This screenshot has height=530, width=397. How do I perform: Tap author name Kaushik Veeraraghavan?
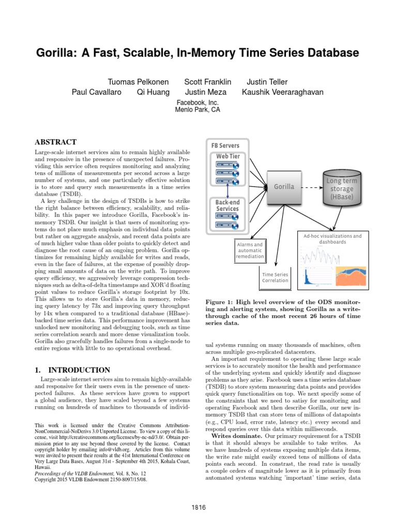[x=282, y=93]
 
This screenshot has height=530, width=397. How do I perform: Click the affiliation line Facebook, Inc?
[x=198, y=102]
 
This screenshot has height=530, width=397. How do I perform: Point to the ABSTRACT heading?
[x=55, y=142]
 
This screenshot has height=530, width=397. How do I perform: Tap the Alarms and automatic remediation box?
[x=250, y=250]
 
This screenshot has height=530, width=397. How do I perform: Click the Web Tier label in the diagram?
[x=227, y=156]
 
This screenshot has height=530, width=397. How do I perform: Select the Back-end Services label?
[x=227, y=205]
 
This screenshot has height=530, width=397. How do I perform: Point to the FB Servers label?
[x=225, y=146]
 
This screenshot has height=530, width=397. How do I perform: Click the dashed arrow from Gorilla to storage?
[x=310, y=186]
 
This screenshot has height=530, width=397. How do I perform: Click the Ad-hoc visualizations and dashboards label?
[x=333, y=239]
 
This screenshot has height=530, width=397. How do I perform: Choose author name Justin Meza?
[x=203, y=93]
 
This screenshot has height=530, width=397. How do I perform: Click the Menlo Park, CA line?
[x=198, y=110]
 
